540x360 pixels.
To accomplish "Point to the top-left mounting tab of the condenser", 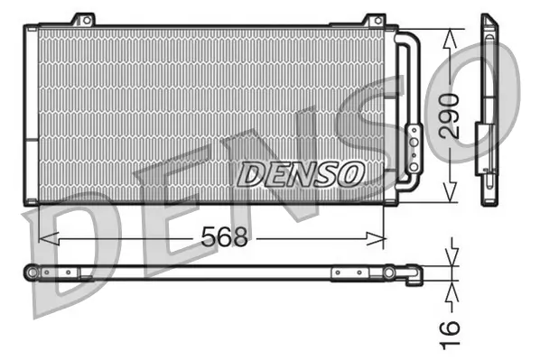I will tap(83, 20).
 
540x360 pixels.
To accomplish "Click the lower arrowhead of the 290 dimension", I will tap(451, 196).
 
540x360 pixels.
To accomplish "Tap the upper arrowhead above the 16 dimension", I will tap(452, 255).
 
